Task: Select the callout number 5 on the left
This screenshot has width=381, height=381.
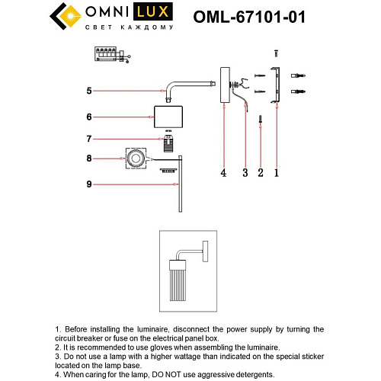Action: coord(88,91)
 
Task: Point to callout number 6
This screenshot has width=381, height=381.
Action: coord(88,117)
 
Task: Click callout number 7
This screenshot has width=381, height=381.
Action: coord(88,139)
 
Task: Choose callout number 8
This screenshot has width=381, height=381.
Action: coord(88,159)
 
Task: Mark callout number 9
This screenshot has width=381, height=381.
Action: coord(88,184)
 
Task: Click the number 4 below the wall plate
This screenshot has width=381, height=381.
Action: coord(223,173)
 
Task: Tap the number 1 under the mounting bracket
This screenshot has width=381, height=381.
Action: coord(277,173)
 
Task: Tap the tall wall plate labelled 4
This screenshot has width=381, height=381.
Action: coord(224,83)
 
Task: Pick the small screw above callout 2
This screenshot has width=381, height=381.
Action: coord(261,119)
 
